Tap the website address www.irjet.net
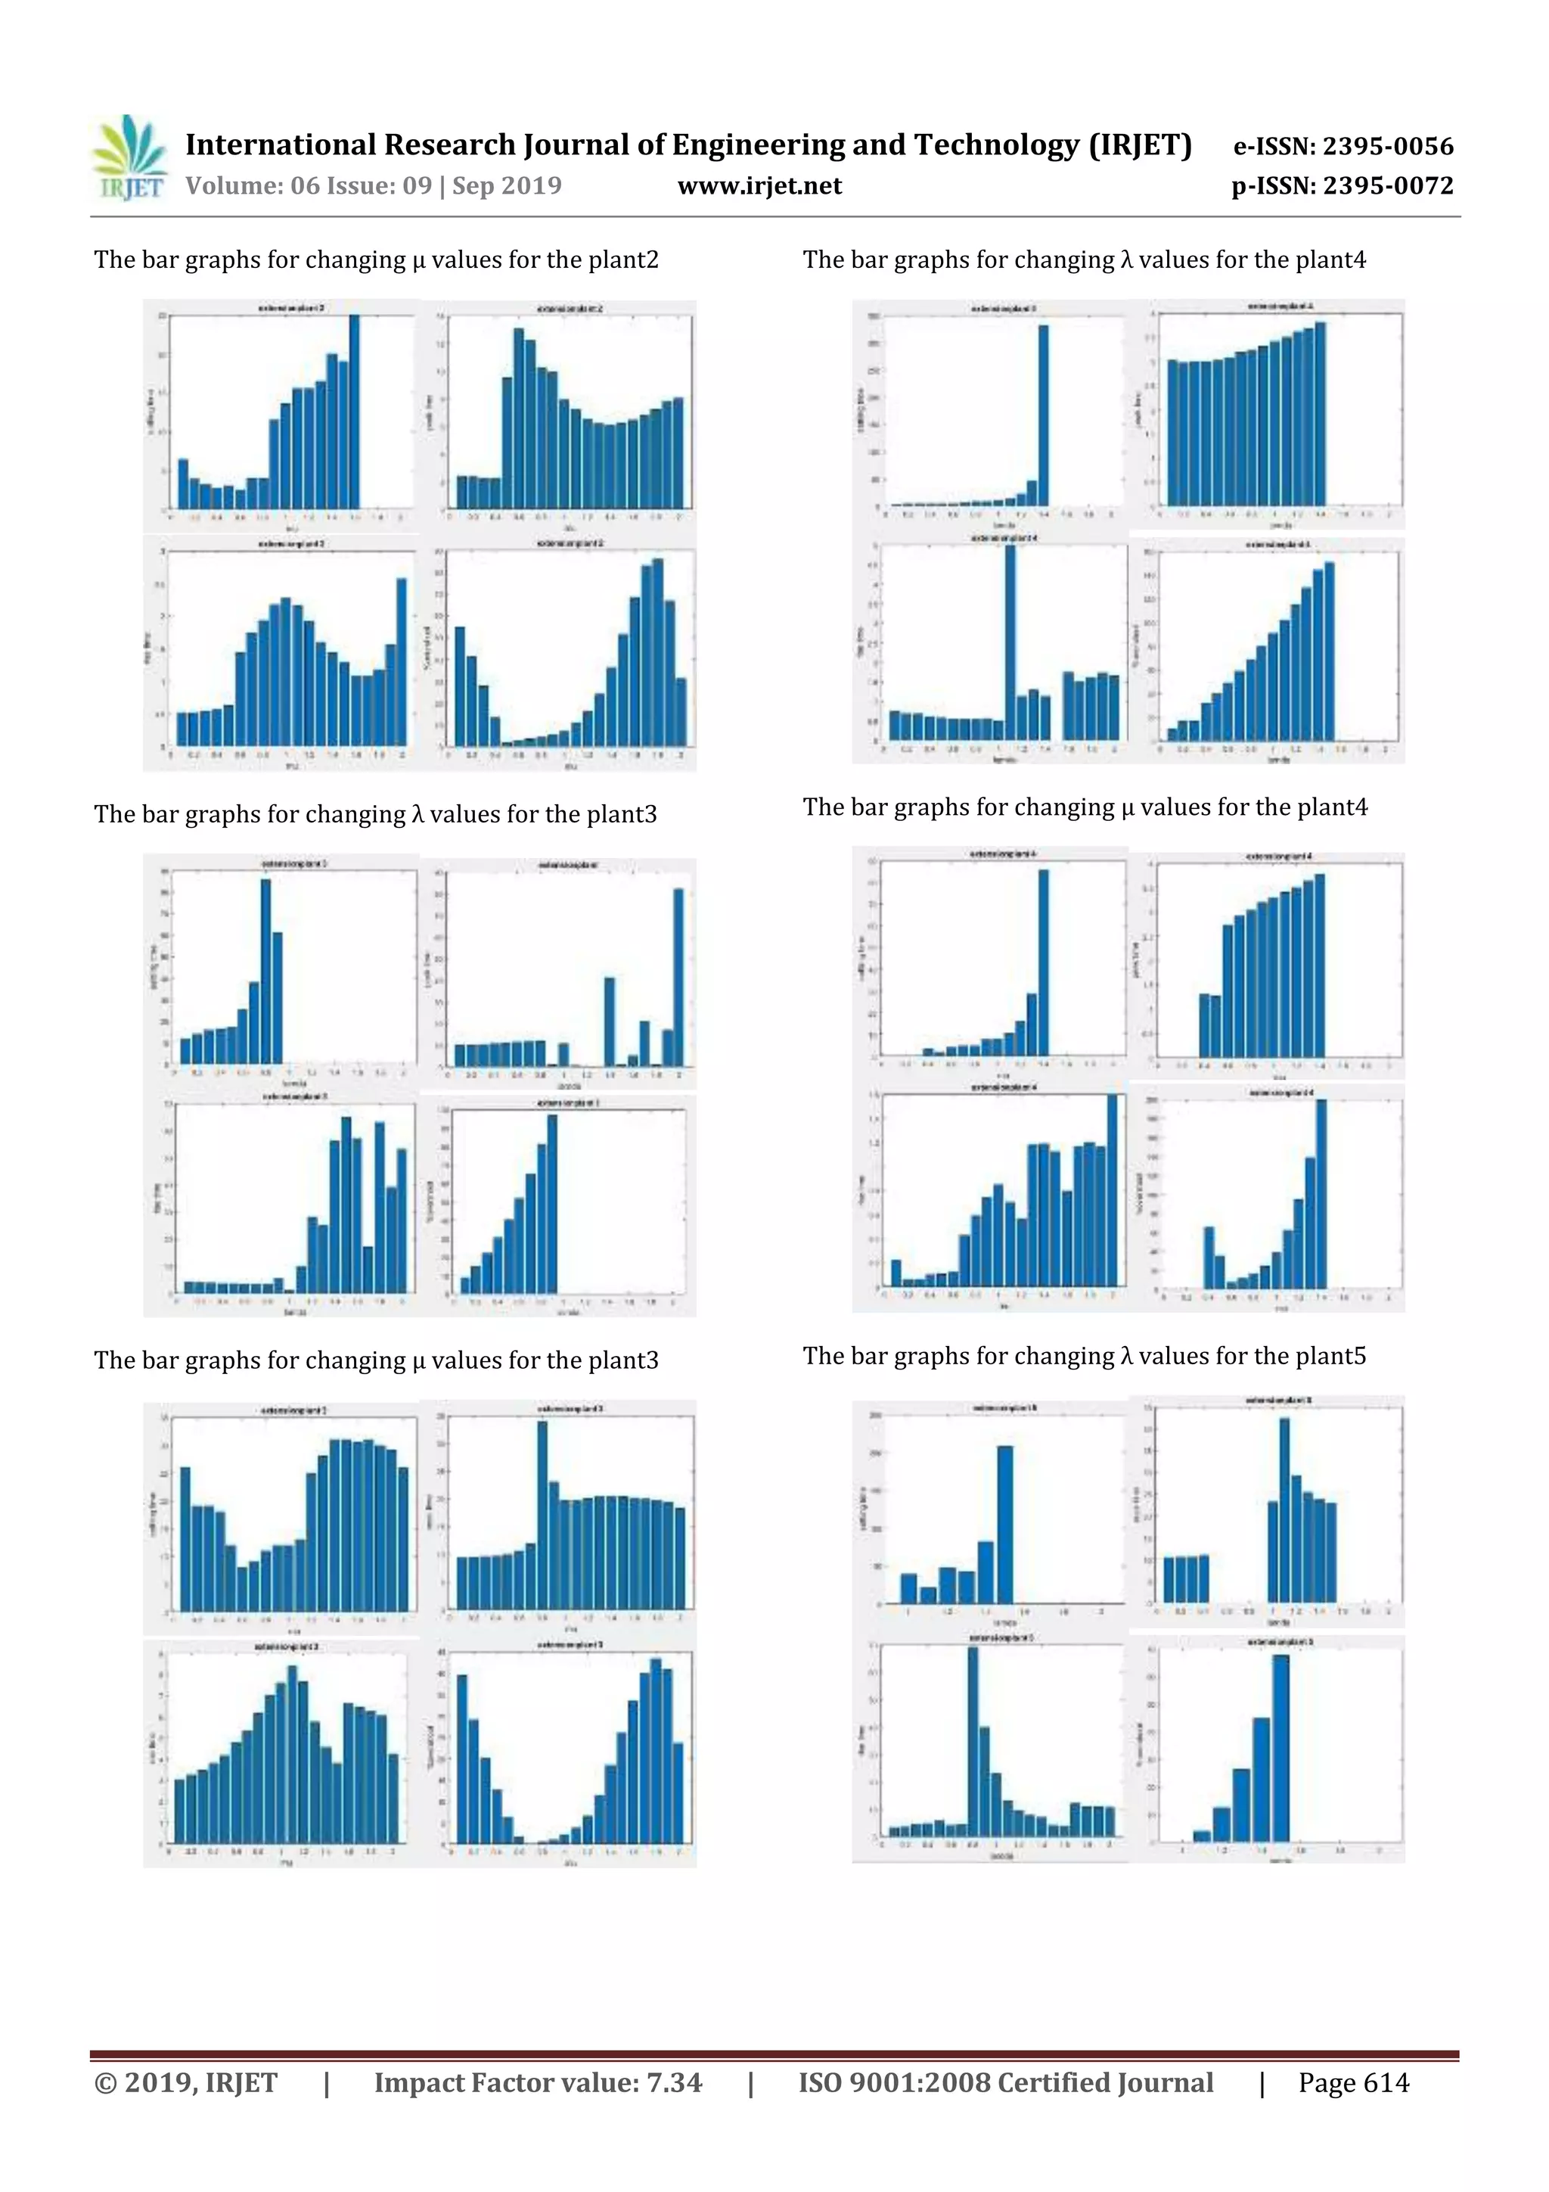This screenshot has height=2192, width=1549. tap(759, 186)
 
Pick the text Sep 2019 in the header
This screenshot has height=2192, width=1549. tap(507, 186)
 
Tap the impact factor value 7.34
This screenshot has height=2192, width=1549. tap(674, 2082)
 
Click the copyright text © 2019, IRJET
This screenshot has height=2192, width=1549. tap(186, 2082)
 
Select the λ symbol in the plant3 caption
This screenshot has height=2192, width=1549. tap(417, 814)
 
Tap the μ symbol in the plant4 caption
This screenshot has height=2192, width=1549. tap(1127, 807)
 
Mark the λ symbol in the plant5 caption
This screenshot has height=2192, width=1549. tap(1126, 1356)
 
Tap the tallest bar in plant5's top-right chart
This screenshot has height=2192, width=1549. tap(1284, 1510)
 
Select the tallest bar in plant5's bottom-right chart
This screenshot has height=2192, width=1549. tap(1280, 1748)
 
